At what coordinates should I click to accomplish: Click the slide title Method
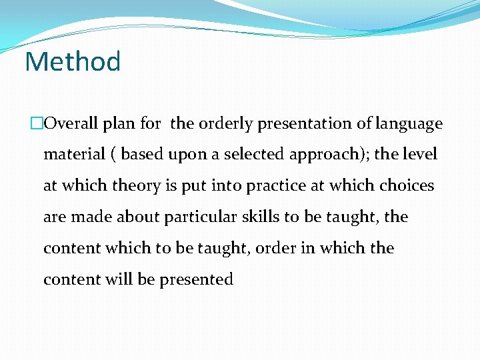[73, 62]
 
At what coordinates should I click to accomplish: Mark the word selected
[249, 155]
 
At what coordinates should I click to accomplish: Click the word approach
[321, 155]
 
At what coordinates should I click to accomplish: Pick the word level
[419, 155]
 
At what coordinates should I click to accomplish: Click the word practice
[278, 186]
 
